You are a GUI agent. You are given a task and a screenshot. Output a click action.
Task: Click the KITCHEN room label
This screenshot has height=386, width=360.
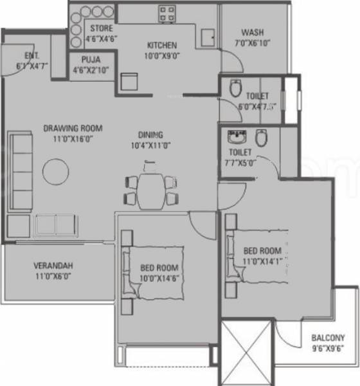pyautogui.click(x=161, y=46)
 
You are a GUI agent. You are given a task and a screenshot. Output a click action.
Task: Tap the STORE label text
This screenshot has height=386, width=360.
pyautogui.click(x=101, y=29)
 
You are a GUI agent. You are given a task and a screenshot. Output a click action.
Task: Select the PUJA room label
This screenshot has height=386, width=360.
pyautogui.click(x=91, y=60)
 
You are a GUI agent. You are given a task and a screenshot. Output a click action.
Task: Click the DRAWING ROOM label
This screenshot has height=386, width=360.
pyautogui.click(x=73, y=127)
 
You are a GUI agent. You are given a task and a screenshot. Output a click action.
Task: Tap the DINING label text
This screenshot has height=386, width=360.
pyautogui.click(x=150, y=135)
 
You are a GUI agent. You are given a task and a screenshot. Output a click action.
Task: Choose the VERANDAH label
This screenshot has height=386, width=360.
pyautogui.click(x=53, y=266)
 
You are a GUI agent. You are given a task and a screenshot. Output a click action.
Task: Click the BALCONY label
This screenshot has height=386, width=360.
pyautogui.click(x=327, y=338)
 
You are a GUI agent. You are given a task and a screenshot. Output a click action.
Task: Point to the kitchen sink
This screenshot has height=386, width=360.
pyautogui.click(x=208, y=36)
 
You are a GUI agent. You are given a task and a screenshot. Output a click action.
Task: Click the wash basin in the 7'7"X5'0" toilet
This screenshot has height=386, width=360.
pyautogui.click(x=235, y=138)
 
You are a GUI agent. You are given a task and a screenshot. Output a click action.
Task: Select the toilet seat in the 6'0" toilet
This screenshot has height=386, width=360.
pyautogui.click(x=235, y=87)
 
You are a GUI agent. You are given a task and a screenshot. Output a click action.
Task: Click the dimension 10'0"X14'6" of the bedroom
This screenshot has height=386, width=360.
pyautogui.click(x=158, y=277)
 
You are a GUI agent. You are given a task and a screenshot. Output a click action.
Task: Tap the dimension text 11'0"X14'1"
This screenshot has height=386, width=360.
pyautogui.click(x=262, y=261)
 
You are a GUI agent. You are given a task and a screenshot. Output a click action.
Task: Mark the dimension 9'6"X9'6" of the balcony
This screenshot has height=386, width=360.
pyautogui.click(x=327, y=348)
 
